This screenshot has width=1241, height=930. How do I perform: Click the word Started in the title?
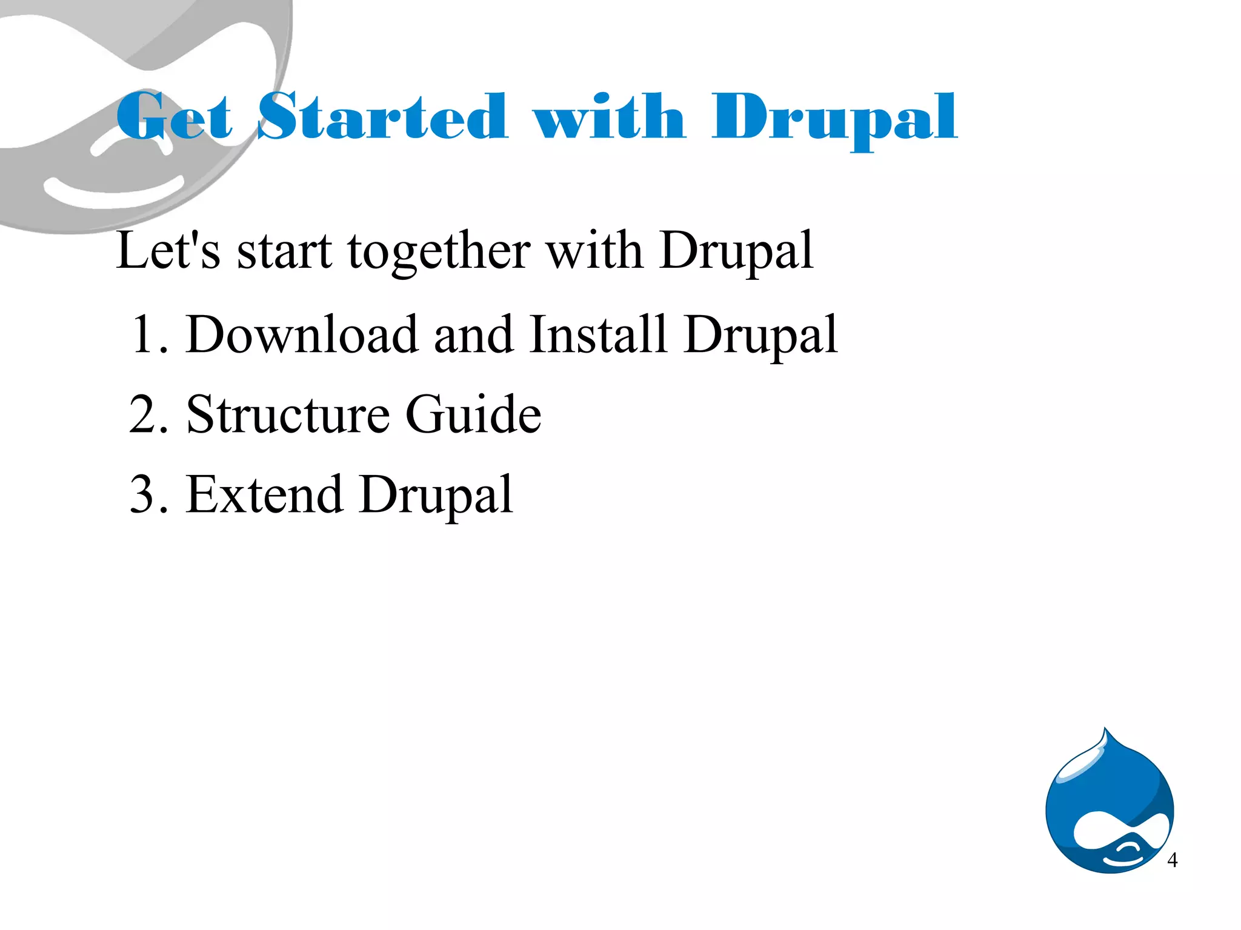coord(382,116)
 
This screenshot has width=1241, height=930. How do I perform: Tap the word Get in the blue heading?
coord(175,116)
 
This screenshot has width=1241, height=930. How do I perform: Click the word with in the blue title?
coord(609,116)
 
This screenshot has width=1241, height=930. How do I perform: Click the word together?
coord(439,251)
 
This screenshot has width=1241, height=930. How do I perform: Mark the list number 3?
coord(146,494)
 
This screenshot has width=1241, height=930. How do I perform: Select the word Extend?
coord(264,494)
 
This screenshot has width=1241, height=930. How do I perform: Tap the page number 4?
coord(1172,860)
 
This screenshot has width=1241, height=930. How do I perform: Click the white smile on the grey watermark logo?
coord(114,191)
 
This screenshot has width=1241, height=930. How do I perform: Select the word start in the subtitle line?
coord(284,251)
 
